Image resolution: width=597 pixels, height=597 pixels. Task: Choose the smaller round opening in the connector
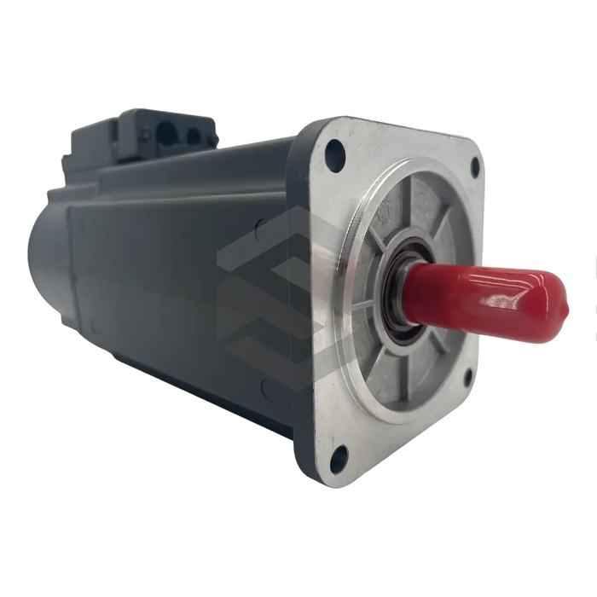194,136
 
